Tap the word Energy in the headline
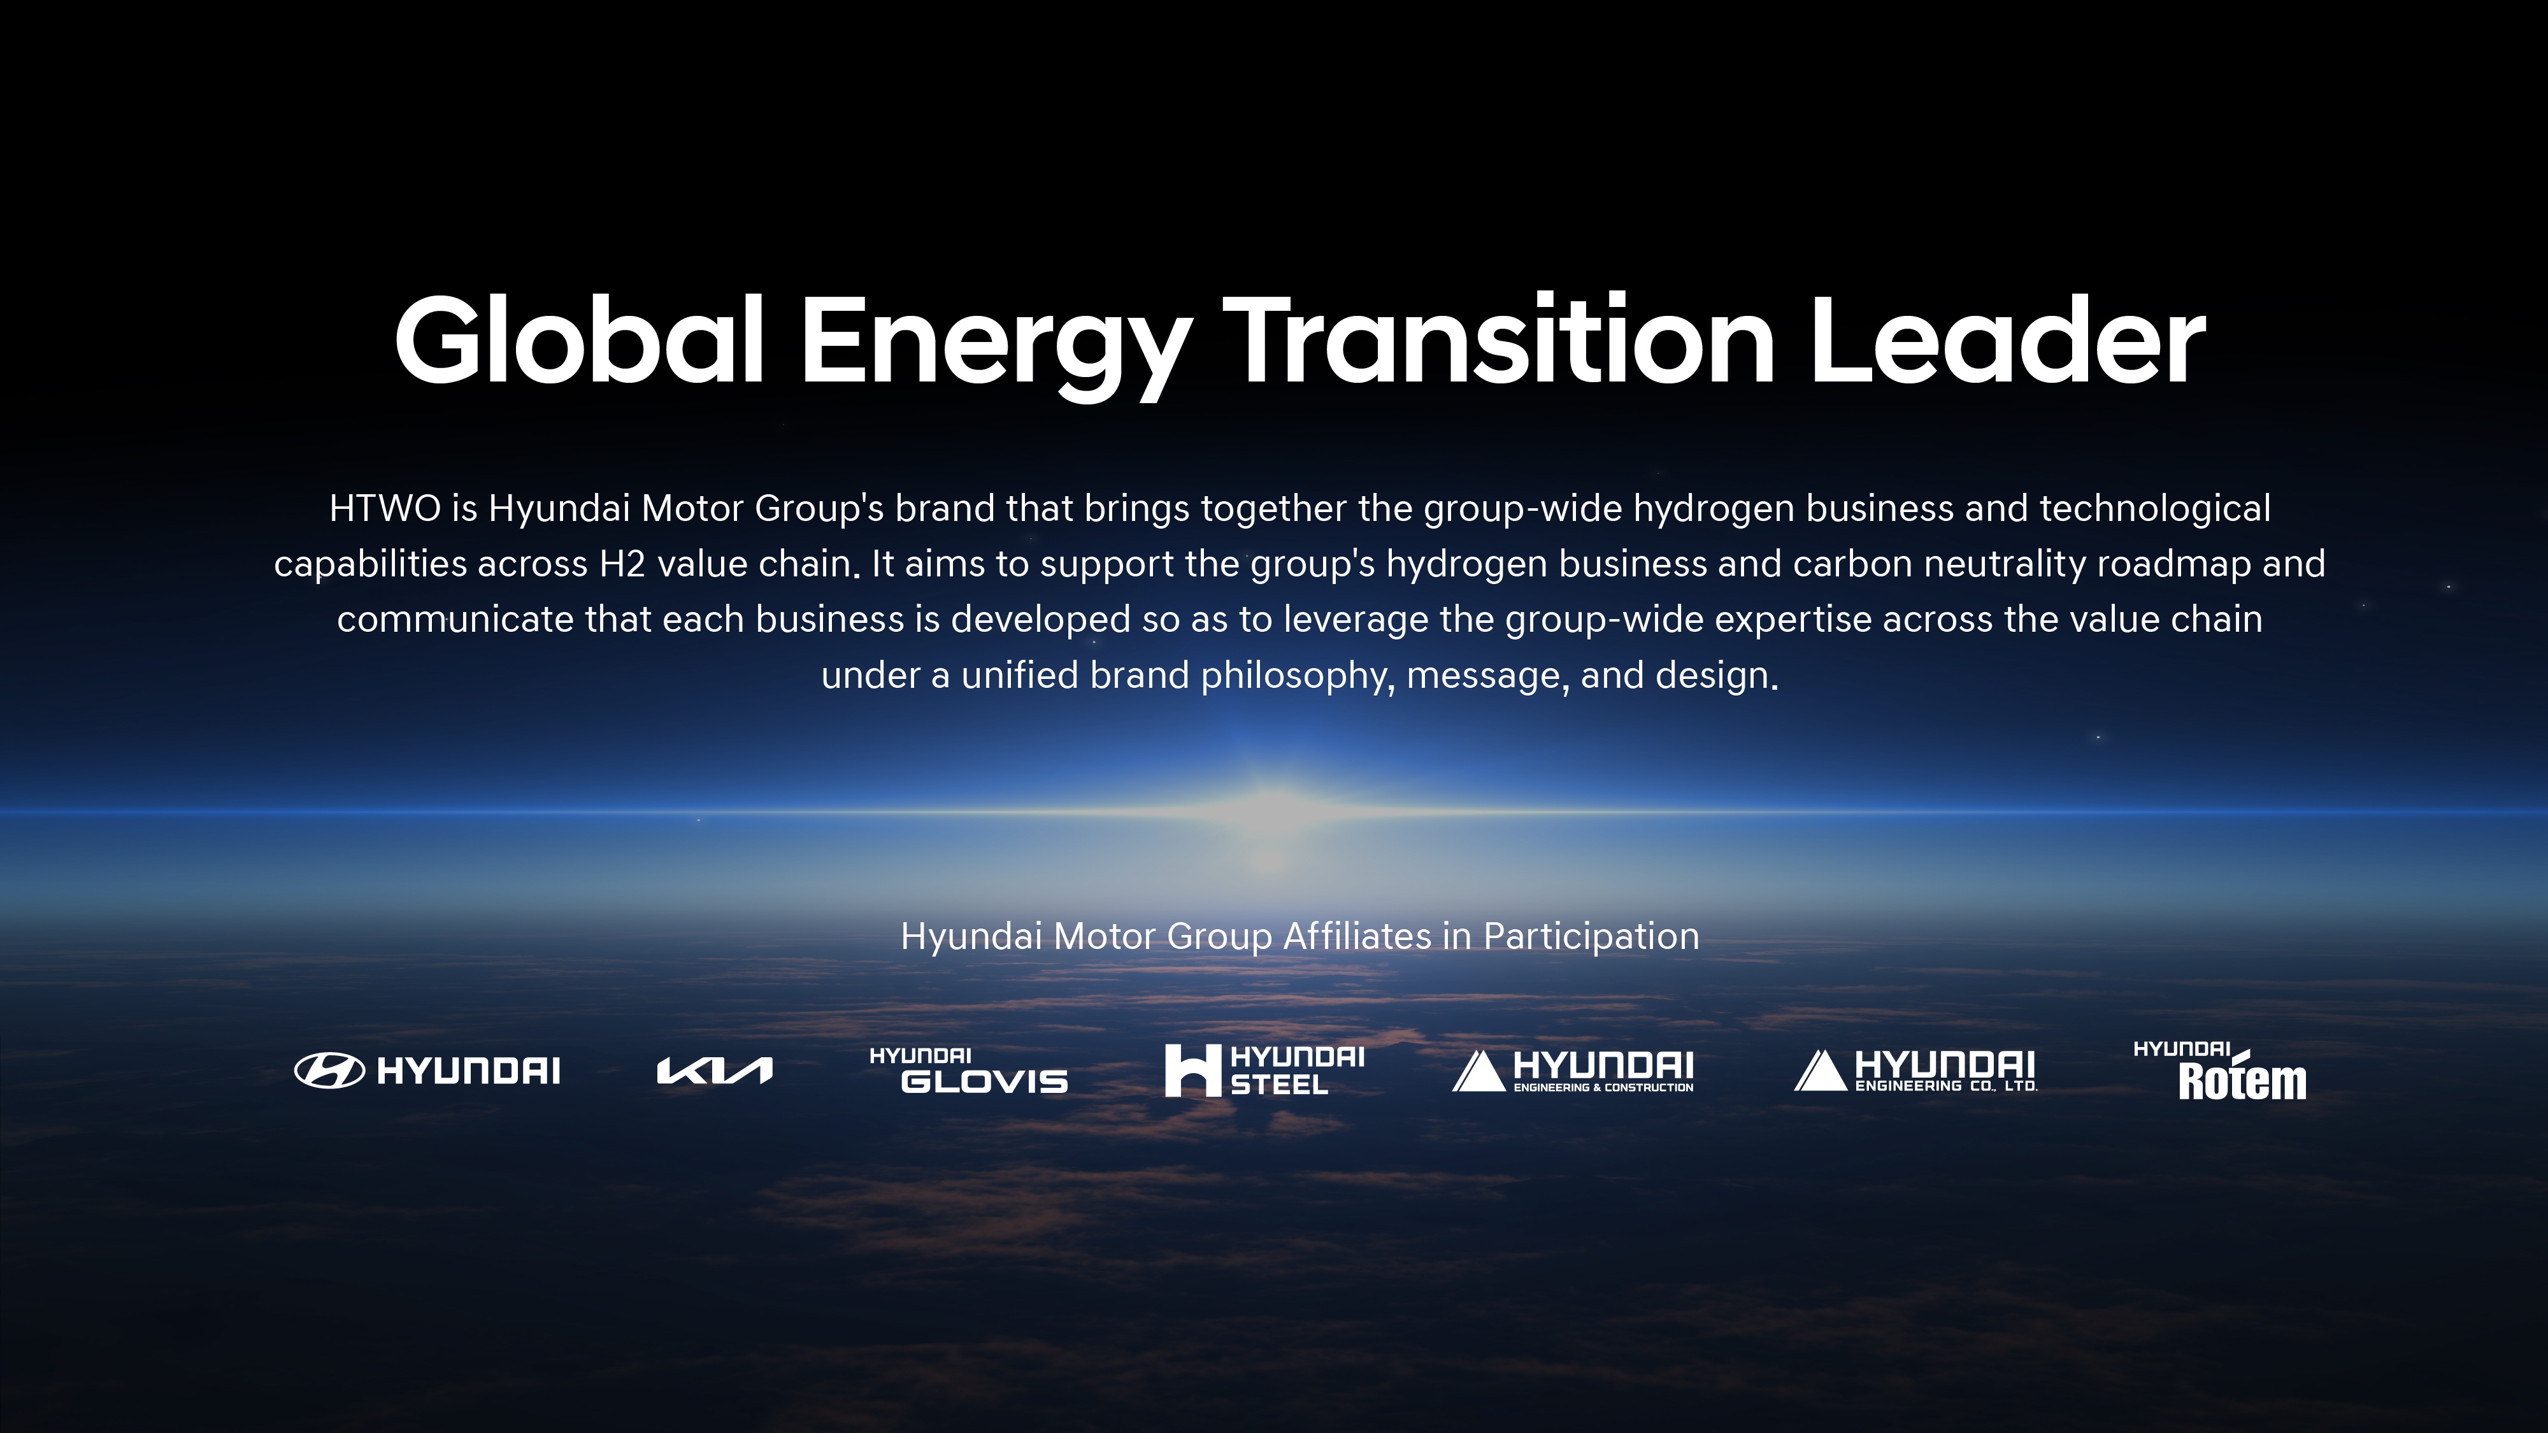pyautogui.click(x=995, y=346)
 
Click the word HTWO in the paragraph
pyautogui.click(x=385, y=508)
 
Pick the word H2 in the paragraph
pyautogui.click(x=622, y=564)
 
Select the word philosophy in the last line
pyautogui.click(x=1298, y=676)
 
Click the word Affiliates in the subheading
pyautogui.click(x=1356, y=936)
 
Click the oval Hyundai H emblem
pyautogui.click(x=329, y=1070)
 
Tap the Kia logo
pyautogui.click(x=714, y=1070)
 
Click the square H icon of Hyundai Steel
pyautogui.click(x=1193, y=1070)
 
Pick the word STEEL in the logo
pyautogui.click(x=1279, y=1085)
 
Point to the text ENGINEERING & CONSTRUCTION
pyautogui.click(x=1603, y=1088)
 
